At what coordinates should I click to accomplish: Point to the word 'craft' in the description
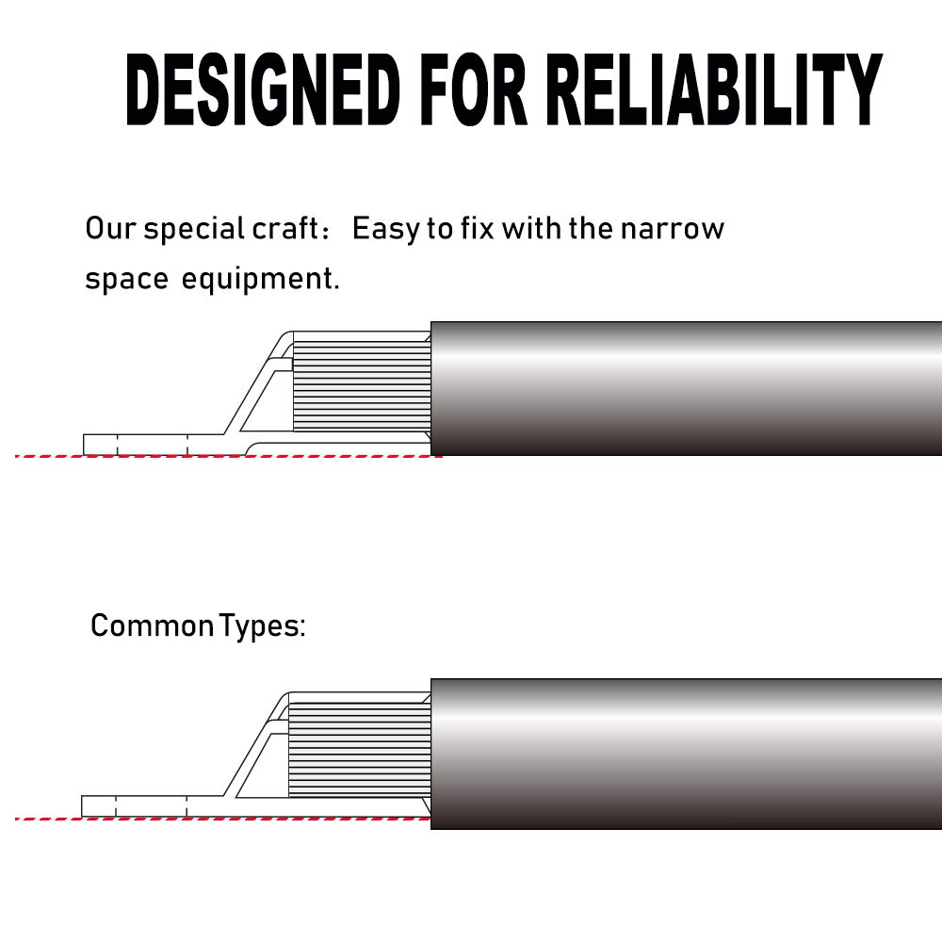point(284,229)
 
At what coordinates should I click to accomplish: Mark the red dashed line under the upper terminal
point(226,456)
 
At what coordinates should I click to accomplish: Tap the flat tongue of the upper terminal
point(151,444)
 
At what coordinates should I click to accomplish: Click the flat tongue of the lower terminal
point(151,806)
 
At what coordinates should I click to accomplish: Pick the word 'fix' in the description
point(476,229)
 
